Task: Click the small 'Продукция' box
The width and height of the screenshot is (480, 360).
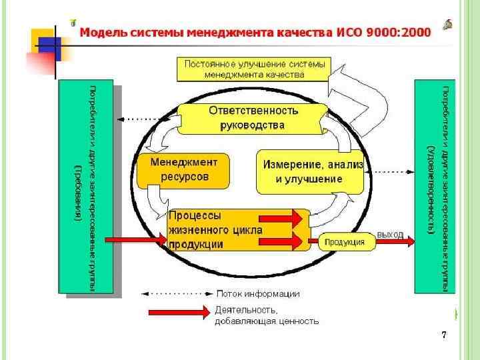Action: pos(345,242)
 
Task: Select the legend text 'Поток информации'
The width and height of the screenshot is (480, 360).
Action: pos(258,293)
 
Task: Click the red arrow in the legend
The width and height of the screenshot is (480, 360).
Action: pos(178,312)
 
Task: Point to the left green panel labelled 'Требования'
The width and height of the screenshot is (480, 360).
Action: pos(86,187)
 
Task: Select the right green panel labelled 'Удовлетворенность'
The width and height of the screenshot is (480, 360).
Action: pos(435,187)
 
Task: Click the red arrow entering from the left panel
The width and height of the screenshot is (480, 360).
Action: pos(137,239)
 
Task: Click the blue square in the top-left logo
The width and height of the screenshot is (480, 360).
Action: pos(49,45)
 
